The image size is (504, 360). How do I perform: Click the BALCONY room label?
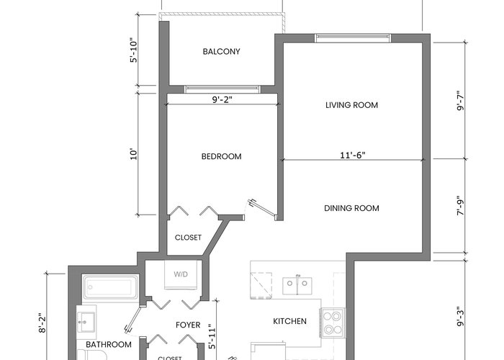pyautogui.click(x=222, y=51)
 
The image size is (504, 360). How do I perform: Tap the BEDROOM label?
pyautogui.click(x=222, y=156)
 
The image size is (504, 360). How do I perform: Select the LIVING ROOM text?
pyautogui.click(x=351, y=105)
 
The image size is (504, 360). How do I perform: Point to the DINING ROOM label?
pyautogui.click(x=351, y=208)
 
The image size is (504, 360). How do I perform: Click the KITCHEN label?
pyautogui.click(x=289, y=321)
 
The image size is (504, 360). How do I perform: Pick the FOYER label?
pyautogui.click(x=188, y=325)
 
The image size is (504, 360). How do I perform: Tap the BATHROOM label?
pyautogui.click(x=109, y=345)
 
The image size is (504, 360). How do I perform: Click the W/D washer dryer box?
pyautogui.click(x=181, y=274)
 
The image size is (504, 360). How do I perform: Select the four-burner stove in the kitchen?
pyautogui.click(x=332, y=323)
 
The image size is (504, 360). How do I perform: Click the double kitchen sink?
pyautogui.click(x=297, y=286)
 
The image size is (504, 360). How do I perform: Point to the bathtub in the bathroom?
pyautogui.click(x=110, y=287)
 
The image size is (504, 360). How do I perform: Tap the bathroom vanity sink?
pyautogui.click(x=86, y=322)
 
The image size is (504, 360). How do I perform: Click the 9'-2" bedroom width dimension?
pyautogui.click(x=222, y=99)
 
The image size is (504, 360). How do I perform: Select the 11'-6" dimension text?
pyautogui.click(x=353, y=156)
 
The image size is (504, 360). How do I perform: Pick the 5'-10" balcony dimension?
pyautogui.click(x=134, y=50)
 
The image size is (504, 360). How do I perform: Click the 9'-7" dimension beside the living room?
pyautogui.click(x=461, y=100)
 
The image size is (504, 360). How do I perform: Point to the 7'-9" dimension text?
pyautogui.click(x=461, y=206)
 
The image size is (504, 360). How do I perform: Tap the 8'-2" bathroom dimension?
pyautogui.click(x=42, y=323)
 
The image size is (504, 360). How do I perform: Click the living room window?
pyautogui.click(x=353, y=38)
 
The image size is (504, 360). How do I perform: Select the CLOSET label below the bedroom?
pyautogui.click(x=188, y=238)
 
